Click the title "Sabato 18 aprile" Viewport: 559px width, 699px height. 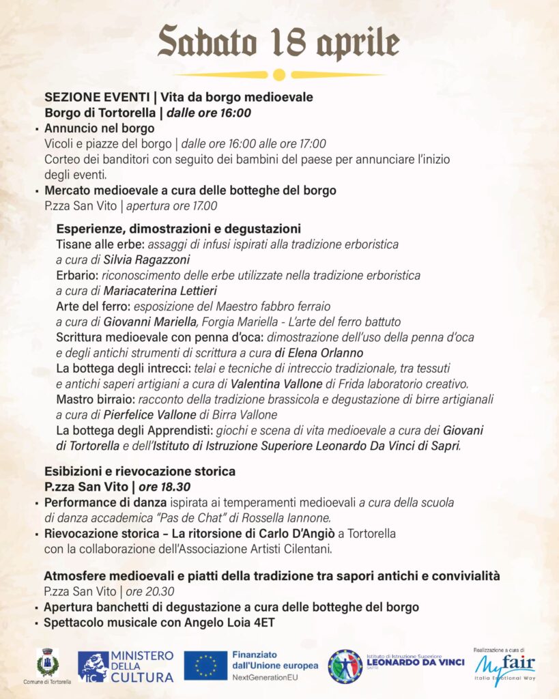(x=278, y=42)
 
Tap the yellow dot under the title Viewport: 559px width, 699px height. (x=278, y=74)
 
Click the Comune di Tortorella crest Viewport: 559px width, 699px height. (x=48, y=663)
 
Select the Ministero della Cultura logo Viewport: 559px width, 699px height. (x=126, y=666)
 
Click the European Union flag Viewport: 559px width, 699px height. (x=205, y=666)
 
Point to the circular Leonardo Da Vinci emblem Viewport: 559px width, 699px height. (x=345, y=666)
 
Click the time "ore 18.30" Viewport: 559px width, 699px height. (x=165, y=487)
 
